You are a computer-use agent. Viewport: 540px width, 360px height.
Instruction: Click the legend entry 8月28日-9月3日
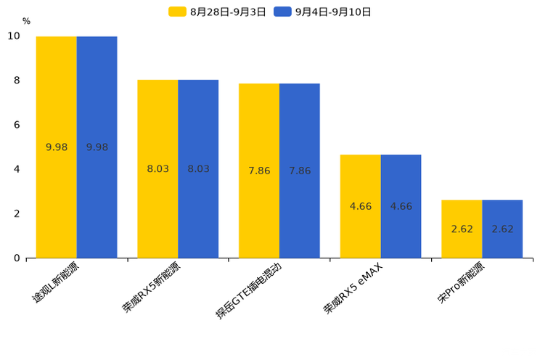point(218,12)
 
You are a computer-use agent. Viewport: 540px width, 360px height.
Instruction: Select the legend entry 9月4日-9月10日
point(323,12)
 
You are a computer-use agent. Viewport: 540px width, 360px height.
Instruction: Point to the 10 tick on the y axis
point(15,36)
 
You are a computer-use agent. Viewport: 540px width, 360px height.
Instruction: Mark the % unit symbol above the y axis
point(26,21)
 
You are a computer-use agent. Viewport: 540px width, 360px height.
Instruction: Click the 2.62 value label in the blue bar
point(502,229)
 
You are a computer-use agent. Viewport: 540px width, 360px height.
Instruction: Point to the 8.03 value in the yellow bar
point(157,169)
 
